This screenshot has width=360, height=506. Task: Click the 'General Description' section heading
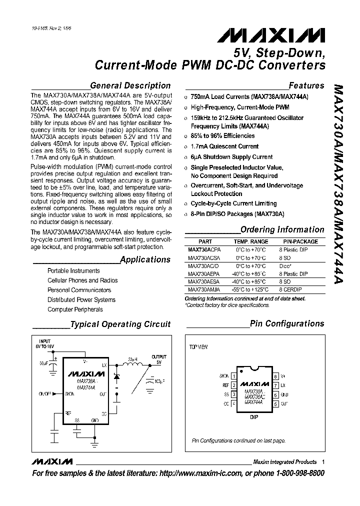tap(130, 85)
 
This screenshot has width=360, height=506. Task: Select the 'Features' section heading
tap(306, 85)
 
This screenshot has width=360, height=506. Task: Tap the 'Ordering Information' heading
tap(282, 230)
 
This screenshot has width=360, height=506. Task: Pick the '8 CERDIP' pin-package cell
tap(292, 289)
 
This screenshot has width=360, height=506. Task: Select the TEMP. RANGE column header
tap(251, 241)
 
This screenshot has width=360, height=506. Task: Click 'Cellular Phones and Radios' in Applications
tap(82, 280)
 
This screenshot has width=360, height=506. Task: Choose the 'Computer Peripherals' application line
tap(75, 309)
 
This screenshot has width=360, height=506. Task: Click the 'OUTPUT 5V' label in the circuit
tap(158, 359)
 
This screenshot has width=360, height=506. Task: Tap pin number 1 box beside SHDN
tap(233, 376)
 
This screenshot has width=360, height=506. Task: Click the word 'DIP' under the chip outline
tap(254, 416)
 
